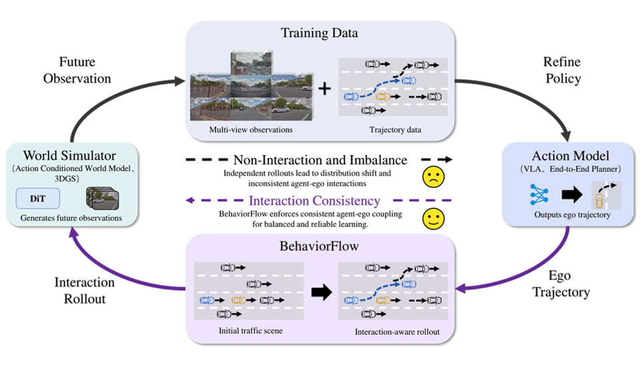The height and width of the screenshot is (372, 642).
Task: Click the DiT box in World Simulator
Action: click(38, 198)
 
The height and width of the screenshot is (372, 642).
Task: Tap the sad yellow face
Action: click(433, 177)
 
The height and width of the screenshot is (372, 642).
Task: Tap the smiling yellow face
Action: click(433, 218)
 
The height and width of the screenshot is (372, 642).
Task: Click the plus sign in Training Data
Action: click(325, 89)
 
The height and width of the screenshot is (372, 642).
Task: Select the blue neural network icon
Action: click(539, 194)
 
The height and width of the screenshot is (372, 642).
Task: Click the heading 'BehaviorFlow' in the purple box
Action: click(319, 246)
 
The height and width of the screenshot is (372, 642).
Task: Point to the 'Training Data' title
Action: click(320, 33)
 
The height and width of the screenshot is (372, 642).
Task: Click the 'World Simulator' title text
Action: click(70, 156)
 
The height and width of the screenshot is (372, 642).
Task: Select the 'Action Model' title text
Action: click(570, 156)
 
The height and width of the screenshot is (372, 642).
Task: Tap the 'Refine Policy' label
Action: click(563, 70)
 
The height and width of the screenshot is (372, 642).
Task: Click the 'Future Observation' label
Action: click(77, 70)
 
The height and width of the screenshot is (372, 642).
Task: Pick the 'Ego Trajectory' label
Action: click(561, 284)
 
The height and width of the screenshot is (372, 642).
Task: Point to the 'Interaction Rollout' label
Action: click(85, 291)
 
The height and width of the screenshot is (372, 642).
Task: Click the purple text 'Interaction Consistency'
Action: click(314, 200)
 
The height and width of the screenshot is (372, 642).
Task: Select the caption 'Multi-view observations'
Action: click(251, 130)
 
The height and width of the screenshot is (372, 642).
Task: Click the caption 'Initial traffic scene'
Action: click(250, 331)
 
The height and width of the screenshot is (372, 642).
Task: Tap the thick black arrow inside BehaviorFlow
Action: click(322, 292)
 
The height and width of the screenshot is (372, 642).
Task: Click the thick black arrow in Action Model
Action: click(572, 195)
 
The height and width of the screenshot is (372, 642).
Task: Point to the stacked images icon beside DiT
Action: click(103, 198)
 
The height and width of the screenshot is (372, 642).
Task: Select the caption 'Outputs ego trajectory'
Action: click(572, 215)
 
